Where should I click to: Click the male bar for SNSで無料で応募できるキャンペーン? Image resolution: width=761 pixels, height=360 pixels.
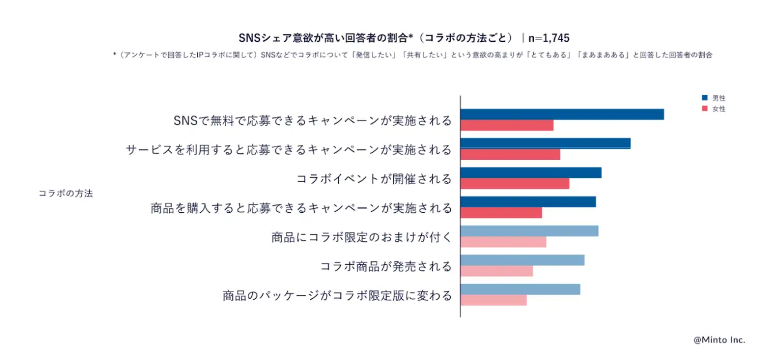point(562,114)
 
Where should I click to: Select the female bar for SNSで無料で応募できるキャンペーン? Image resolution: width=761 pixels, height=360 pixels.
point(507,125)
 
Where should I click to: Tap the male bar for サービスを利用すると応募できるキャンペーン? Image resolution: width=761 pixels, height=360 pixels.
point(545,143)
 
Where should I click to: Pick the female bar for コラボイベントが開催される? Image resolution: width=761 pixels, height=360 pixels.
point(515,183)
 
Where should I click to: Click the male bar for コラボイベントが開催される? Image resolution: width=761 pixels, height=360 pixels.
point(530,173)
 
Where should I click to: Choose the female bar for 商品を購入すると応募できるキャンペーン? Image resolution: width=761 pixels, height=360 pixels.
point(501,212)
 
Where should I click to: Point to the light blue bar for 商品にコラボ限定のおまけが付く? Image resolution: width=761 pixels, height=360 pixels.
point(529,231)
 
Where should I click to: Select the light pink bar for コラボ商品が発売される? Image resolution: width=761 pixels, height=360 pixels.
point(496,271)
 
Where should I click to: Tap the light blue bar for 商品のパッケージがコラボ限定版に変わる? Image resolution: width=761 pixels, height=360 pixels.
point(520,289)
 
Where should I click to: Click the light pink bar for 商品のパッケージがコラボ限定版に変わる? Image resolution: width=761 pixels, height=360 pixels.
point(493,300)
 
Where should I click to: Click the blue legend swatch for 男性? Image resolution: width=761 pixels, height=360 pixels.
point(705,98)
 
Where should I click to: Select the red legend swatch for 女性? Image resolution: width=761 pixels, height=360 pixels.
point(705,108)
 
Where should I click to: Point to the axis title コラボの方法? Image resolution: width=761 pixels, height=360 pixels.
point(66,194)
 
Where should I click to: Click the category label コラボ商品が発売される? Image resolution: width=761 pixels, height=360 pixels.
point(386,266)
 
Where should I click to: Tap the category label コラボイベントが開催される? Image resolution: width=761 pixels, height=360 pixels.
point(374,179)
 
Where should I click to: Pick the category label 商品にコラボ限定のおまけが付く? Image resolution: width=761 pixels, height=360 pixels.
point(362,237)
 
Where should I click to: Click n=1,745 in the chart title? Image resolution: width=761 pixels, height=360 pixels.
point(549,38)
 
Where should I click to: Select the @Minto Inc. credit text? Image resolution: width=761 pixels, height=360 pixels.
point(719,340)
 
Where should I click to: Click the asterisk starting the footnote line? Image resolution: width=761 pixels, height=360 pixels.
point(114,55)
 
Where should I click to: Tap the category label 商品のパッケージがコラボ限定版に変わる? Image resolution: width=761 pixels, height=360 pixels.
point(337,295)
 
